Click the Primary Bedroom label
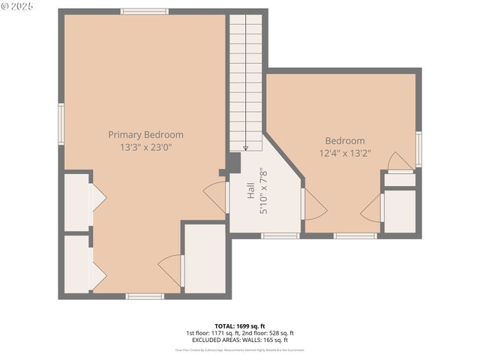(145, 135)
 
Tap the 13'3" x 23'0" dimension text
(145, 148)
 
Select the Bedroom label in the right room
(344, 141)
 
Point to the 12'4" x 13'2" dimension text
(344, 154)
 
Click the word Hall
(250, 192)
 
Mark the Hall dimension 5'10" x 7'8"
(263, 192)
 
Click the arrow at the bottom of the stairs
(245, 148)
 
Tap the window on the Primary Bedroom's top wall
(145, 11)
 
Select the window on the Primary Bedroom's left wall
(61, 121)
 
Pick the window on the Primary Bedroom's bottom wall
(145, 296)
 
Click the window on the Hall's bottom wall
(280, 235)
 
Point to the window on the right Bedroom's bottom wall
(355, 235)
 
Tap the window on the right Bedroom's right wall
(418, 148)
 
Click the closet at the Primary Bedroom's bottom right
(205, 259)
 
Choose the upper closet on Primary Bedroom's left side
(77, 202)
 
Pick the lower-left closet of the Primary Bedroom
(77, 264)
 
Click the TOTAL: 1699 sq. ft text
(239, 326)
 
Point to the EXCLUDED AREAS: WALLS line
(239, 340)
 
